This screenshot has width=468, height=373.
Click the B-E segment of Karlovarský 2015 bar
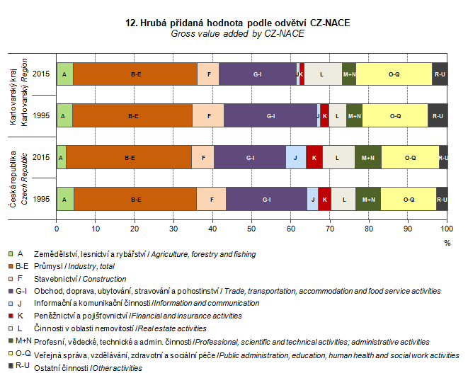pos(135,74)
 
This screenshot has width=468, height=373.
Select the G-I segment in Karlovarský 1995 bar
pos(270,115)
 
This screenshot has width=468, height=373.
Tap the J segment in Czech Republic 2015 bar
pos(295,157)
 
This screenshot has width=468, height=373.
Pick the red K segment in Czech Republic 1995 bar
pos(324,200)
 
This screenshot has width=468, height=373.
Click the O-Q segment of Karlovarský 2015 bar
pos(394,74)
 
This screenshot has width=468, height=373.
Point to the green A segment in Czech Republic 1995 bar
pos(64,200)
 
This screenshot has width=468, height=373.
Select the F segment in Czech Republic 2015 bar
pos(202,157)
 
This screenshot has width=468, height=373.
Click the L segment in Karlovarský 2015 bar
pos(322,74)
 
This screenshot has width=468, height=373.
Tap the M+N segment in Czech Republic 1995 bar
pos(368,200)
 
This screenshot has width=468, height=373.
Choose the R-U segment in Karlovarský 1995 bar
pos(438,115)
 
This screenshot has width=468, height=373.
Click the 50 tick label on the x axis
pos(251,228)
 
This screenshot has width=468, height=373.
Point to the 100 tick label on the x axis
pos(446,228)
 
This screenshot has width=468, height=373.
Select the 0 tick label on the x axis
pos(57,228)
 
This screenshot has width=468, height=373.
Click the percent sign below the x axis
pos(447,241)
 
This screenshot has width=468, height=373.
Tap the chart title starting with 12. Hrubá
pos(237,23)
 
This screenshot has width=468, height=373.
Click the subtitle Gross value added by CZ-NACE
pos(237,33)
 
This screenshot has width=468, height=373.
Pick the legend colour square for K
pos(11,315)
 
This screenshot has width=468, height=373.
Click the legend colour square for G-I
pos(11,291)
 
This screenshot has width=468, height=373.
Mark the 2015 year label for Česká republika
pos(41,157)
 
